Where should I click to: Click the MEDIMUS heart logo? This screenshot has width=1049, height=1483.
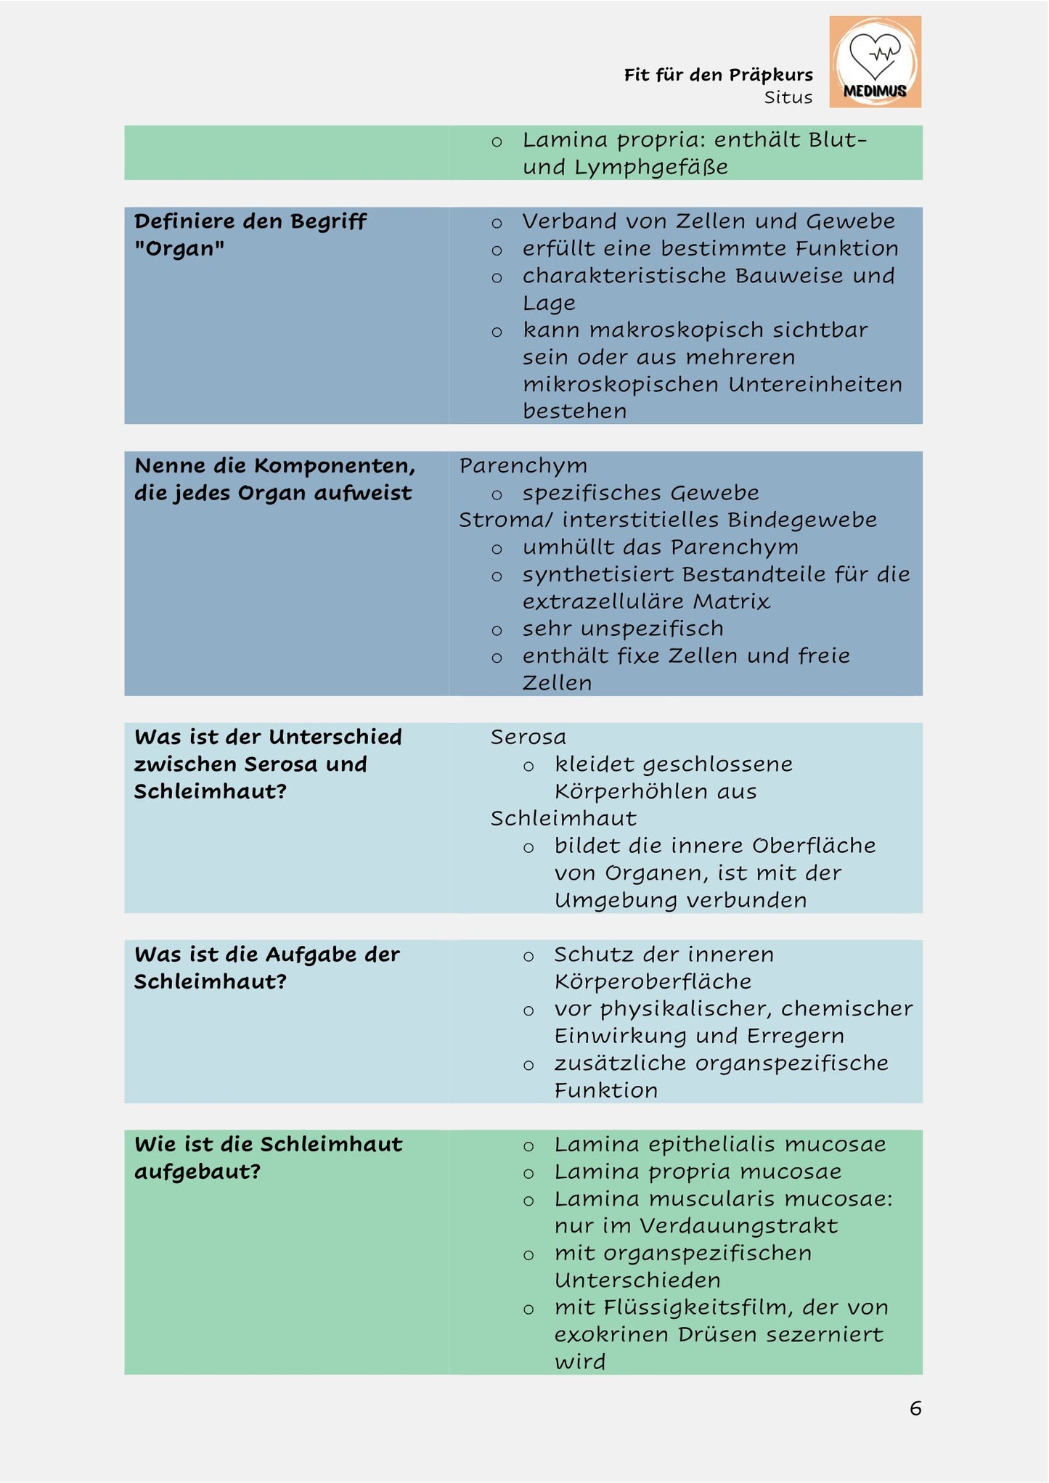point(875,62)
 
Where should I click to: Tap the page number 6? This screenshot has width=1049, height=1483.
point(915,1408)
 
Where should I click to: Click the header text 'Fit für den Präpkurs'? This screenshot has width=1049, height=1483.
point(718,75)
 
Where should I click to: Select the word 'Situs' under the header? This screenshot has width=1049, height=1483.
point(788,97)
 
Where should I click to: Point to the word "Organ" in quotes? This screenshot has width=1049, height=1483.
point(179,248)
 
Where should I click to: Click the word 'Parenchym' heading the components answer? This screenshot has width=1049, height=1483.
point(523,465)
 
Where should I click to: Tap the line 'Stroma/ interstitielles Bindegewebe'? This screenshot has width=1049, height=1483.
point(667,520)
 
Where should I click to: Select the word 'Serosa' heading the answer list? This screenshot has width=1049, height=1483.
point(528,737)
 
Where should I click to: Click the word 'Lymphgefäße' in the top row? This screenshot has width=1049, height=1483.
point(651,167)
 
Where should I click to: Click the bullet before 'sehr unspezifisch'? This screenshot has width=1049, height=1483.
point(497,630)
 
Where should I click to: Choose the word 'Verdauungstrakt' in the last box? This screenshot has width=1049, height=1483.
point(738,1226)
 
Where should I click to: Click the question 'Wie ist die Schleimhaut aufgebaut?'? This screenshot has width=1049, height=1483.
point(268,1157)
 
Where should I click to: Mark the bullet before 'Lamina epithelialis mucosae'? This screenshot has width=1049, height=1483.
point(528,1146)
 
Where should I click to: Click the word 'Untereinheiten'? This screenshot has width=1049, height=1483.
point(815,384)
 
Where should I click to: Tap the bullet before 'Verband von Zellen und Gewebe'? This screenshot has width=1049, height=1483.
point(497,223)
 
